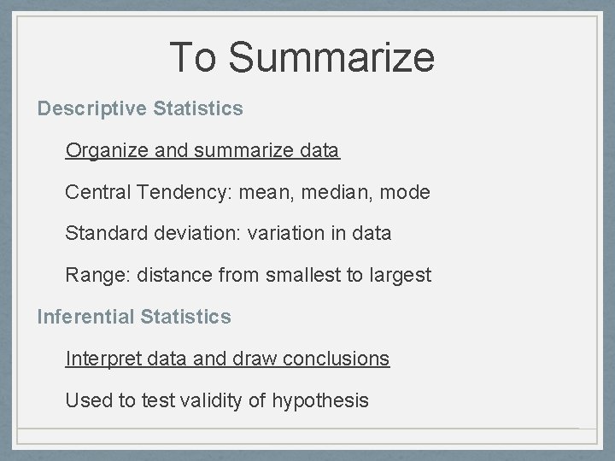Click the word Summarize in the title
point(331,57)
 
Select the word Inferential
point(85,318)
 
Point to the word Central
point(97,193)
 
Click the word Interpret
point(101,359)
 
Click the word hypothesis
point(320,400)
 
